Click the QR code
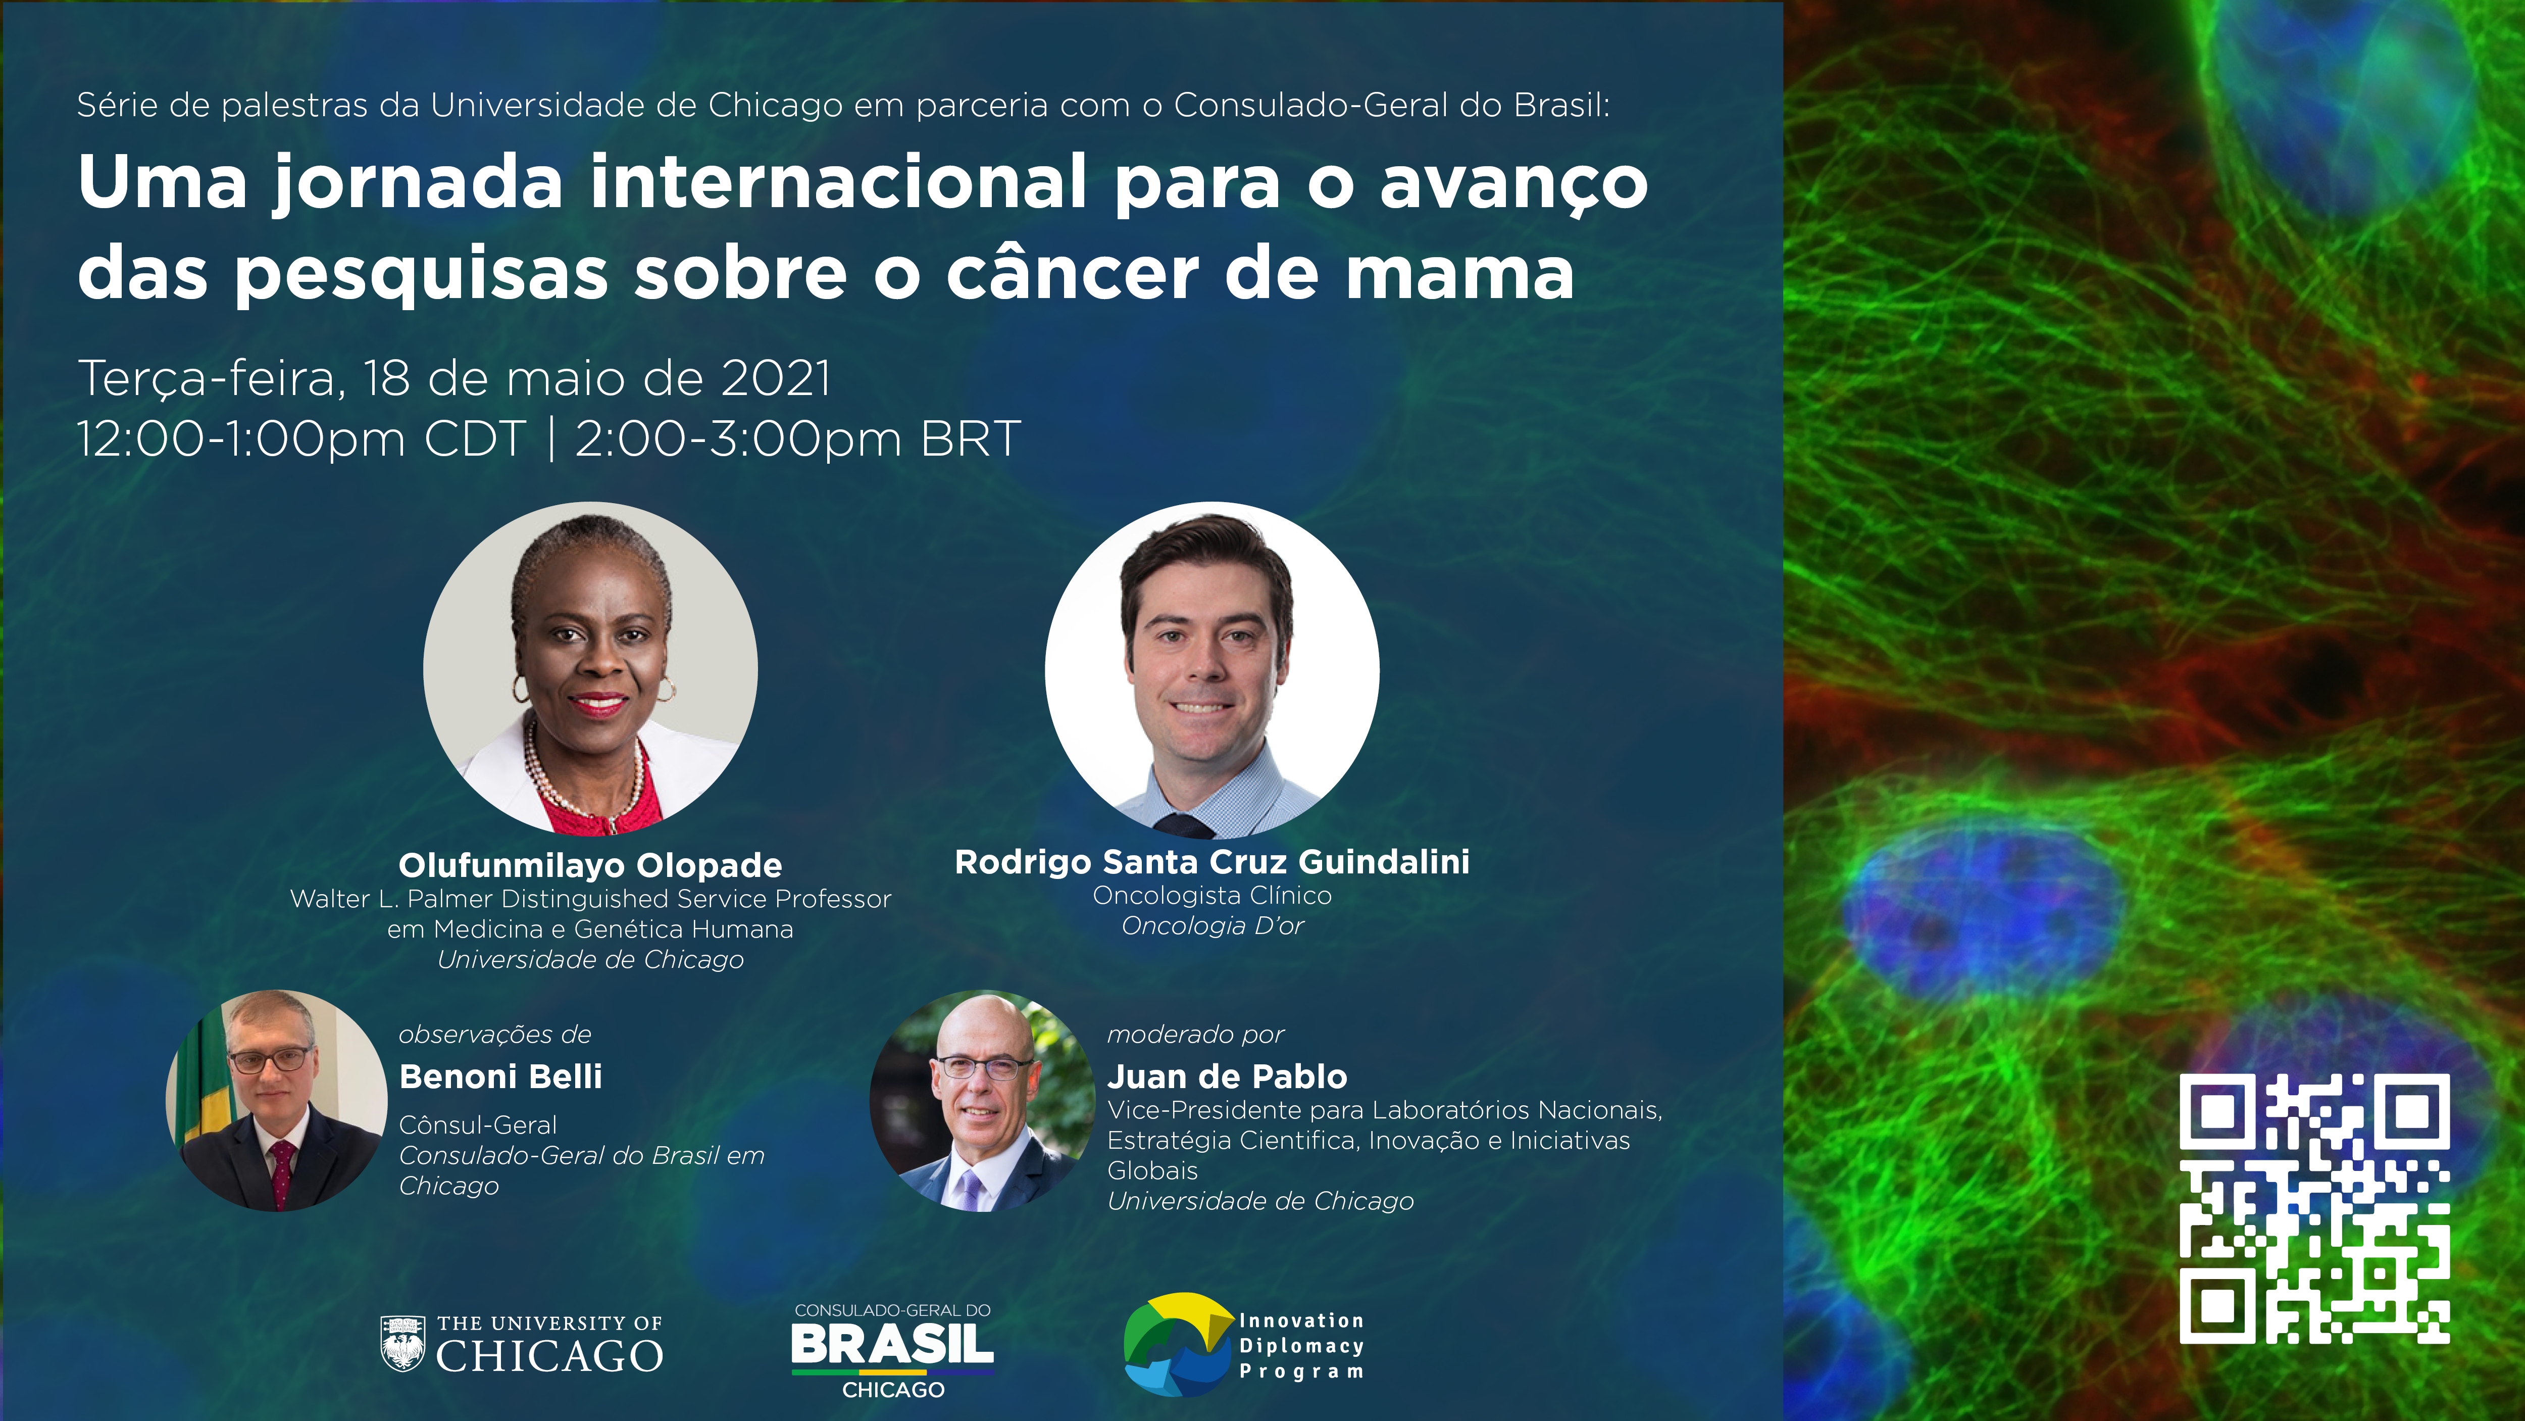[x=2314, y=1208]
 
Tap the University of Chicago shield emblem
[x=402, y=1343]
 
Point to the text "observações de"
[x=495, y=1035]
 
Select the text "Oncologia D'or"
[x=1213, y=926]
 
